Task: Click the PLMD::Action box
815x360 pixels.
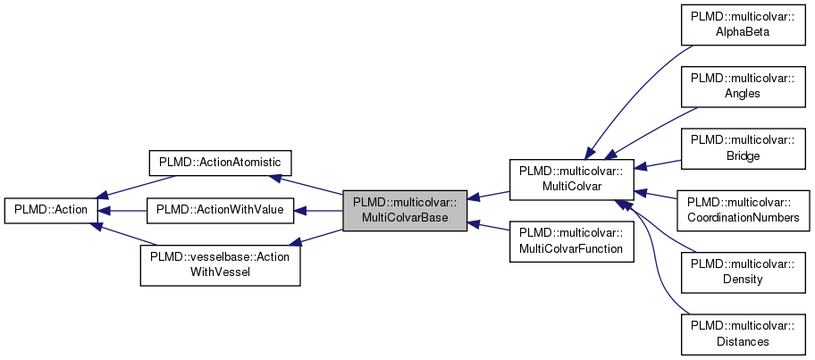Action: point(49,212)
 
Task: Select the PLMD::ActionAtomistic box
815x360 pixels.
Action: point(220,162)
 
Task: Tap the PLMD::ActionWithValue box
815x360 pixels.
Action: point(220,212)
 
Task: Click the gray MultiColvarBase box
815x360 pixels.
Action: point(405,212)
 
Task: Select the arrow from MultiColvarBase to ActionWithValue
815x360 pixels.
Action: point(318,212)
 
